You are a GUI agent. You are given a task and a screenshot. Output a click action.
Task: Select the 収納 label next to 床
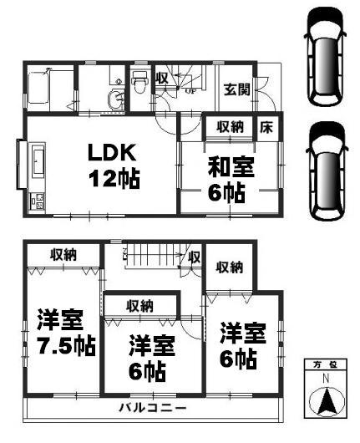tap(230, 127)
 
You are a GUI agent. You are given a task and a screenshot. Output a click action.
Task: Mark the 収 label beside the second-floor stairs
tap(194, 257)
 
